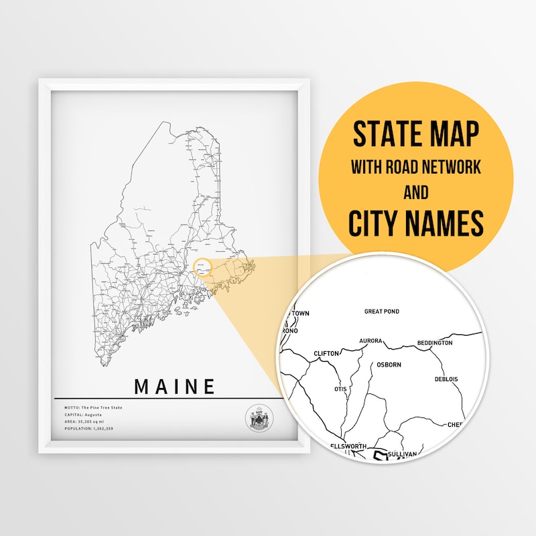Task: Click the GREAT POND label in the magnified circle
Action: coord(382,312)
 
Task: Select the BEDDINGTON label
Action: coord(434,343)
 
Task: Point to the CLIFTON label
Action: coord(326,353)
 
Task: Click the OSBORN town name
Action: coord(389,365)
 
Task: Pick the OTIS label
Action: coord(341,389)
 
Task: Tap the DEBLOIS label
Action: coord(446,379)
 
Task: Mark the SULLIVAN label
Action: coord(402,454)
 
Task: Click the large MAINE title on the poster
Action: coord(175,387)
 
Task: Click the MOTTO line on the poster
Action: coord(89,408)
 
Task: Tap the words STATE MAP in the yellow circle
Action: coord(416,135)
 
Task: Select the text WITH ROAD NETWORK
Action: coord(416,167)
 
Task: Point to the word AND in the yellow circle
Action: coord(415,194)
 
